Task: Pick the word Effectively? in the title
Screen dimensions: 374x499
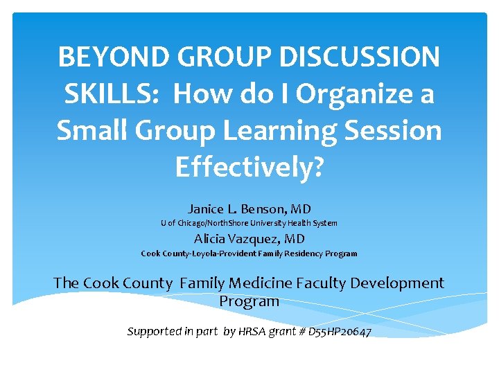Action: point(249,167)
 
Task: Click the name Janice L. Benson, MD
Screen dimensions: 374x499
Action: point(249,208)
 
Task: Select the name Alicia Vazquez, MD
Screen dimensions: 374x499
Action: point(249,239)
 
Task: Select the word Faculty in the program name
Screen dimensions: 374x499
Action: point(319,283)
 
